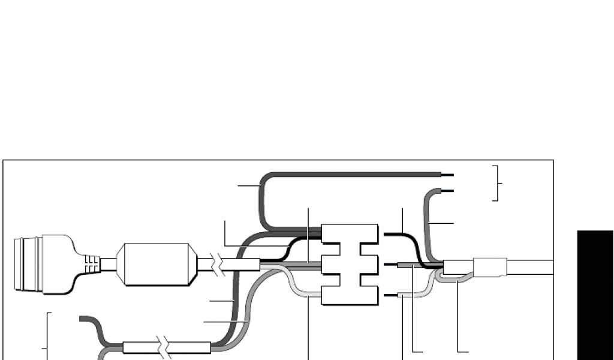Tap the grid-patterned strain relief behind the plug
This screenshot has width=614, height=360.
point(91,264)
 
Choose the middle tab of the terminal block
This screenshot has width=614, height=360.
point(350,264)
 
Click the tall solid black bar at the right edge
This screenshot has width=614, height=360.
point(595,294)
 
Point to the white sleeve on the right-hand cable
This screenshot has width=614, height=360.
point(490,266)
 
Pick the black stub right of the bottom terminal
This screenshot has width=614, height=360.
point(390,295)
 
